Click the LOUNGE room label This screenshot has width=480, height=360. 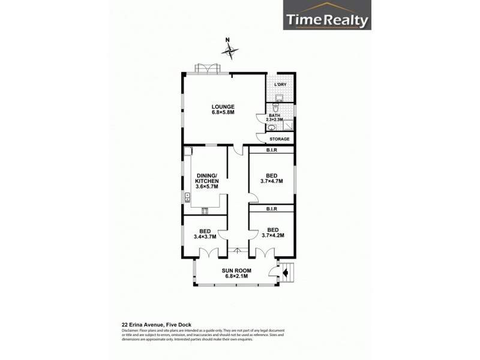222,109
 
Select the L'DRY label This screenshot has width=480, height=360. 280,85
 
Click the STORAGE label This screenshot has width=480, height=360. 280,139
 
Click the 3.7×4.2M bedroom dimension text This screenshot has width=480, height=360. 272,236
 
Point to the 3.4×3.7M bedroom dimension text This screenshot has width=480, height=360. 205,236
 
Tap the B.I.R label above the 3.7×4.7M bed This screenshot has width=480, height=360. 271,150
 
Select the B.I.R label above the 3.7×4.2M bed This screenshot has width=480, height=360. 271,208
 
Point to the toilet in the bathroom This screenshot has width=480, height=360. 275,106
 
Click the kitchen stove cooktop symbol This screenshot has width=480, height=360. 205,209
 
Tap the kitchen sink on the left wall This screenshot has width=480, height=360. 187,196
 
